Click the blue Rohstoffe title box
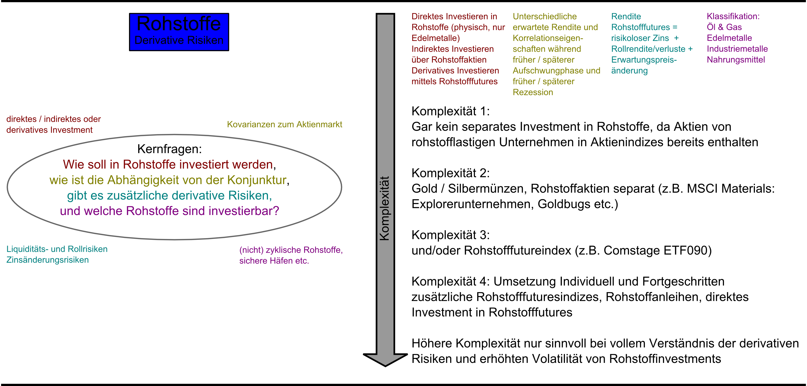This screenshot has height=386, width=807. point(179,32)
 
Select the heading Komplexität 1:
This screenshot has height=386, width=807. point(450,111)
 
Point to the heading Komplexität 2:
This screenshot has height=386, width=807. point(450,173)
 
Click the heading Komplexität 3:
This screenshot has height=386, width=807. point(450,235)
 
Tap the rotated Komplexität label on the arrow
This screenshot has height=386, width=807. point(385,208)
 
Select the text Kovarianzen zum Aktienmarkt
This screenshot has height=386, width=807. point(284,125)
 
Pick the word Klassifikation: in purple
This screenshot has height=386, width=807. point(733,16)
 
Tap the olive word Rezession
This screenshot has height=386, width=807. point(533,92)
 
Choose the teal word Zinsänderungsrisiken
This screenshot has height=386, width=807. point(48,260)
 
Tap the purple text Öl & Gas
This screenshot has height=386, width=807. point(724,27)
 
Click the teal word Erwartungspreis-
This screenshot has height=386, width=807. point(644,60)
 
